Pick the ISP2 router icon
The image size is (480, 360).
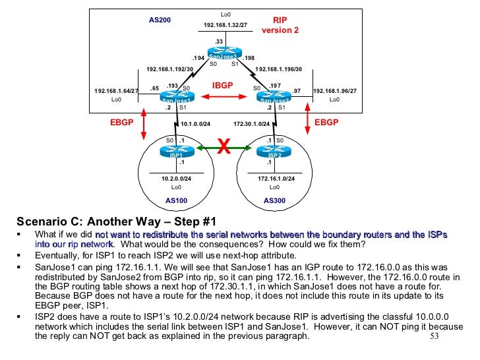[x=274, y=151]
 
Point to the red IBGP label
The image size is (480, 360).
[x=223, y=86]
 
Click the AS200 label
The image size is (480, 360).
[x=160, y=20]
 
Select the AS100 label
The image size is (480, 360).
[x=177, y=200]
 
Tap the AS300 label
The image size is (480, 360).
[x=275, y=200]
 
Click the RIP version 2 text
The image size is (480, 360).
[x=280, y=26]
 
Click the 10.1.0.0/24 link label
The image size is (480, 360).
[x=195, y=123]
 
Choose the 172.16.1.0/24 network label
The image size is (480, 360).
[x=276, y=179]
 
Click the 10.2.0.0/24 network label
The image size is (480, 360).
[x=177, y=179]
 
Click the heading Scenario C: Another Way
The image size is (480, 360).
[x=116, y=221]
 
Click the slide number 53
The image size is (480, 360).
[x=433, y=336]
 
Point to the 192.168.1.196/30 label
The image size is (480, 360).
[x=278, y=69]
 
